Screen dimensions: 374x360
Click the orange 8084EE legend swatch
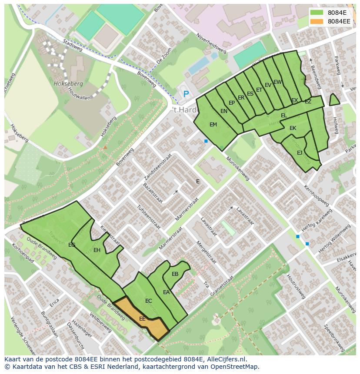pyautogui.click(x=317, y=21)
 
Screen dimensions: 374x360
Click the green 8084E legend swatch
pyautogui.click(x=317, y=13)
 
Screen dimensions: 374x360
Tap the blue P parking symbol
pyautogui.click(x=186, y=94)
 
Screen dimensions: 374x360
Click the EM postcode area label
pyautogui.click(x=213, y=125)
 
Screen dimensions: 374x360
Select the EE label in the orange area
pyautogui.click(x=142, y=318)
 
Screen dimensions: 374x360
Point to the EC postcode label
pyautogui.click(x=149, y=301)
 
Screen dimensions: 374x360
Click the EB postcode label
pyautogui.click(x=175, y=274)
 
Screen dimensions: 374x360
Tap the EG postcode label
pyautogui.click(x=72, y=245)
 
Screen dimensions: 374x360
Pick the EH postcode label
pyautogui.click(x=97, y=250)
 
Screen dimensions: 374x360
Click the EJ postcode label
pyautogui.click(x=300, y=153)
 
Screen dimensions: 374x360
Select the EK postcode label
pyautogui.click(x=293, y=128)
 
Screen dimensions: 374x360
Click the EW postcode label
pyautogui.click(x=277, y=82)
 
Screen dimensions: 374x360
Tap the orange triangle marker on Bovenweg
pyautogui.click(x=105, y=147)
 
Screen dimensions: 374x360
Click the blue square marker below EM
pyautogui.click(x=206, y=141)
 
